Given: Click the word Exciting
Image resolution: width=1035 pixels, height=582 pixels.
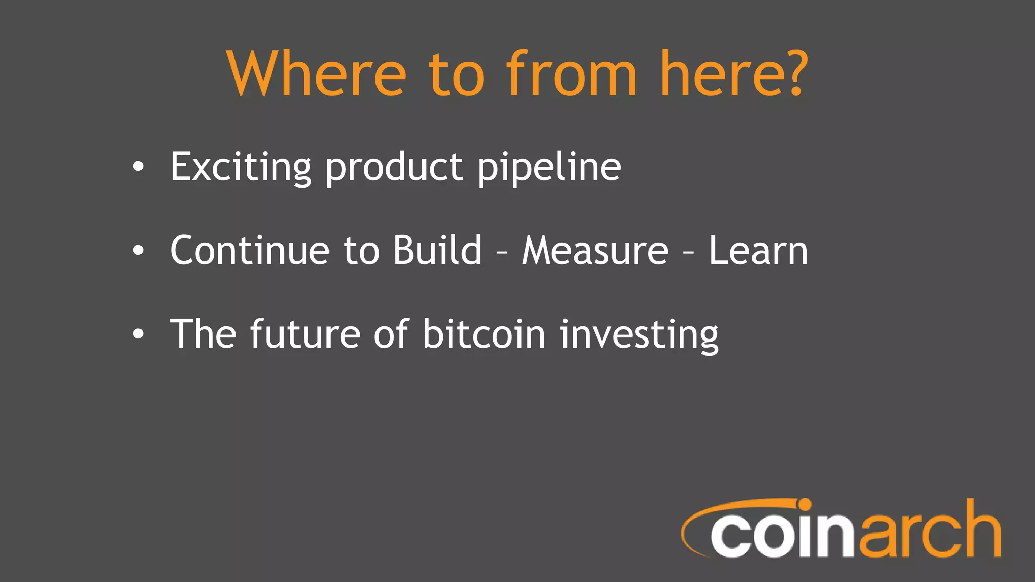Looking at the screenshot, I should (241, 167).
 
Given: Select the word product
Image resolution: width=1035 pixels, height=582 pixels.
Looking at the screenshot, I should (394, 167).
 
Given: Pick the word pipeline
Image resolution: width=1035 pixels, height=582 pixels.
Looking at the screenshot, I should (549, 167).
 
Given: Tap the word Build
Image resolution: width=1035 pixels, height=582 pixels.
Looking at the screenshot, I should (437, 250).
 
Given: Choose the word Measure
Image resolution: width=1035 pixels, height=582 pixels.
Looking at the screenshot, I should (595, 250).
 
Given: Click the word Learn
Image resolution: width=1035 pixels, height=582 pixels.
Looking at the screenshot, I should (758, 250).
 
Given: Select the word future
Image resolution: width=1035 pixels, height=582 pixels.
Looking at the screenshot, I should (305, 334).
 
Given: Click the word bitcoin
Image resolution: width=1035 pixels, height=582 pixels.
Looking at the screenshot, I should (484, 334).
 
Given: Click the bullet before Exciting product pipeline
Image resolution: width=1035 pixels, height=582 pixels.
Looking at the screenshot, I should (138, 167).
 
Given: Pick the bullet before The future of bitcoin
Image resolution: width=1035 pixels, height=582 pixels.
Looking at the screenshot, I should (138, 334).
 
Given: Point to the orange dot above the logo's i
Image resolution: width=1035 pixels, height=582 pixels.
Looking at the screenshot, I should (804, 505).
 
